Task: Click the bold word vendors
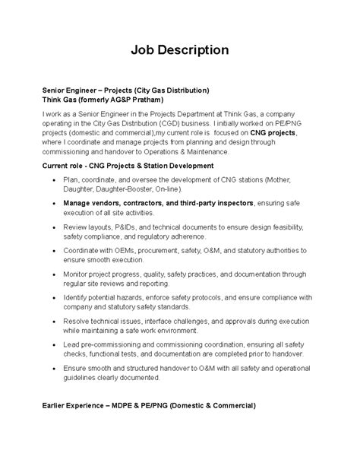click(106, 204)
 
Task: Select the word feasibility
click(283, 227)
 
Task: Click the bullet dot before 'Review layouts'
click(54, 227)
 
